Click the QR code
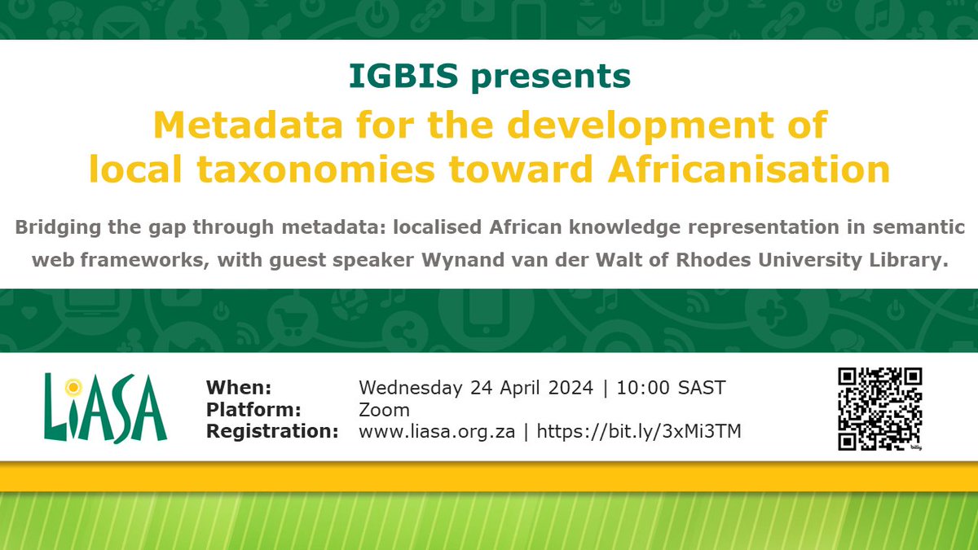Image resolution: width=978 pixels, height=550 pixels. click(879, 408)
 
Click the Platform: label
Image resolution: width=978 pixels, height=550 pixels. click(253, 409)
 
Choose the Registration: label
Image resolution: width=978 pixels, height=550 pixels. click(271, 432)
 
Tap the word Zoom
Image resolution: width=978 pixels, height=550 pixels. click(384, 409)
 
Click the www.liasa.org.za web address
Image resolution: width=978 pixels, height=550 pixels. click(436, 432)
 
